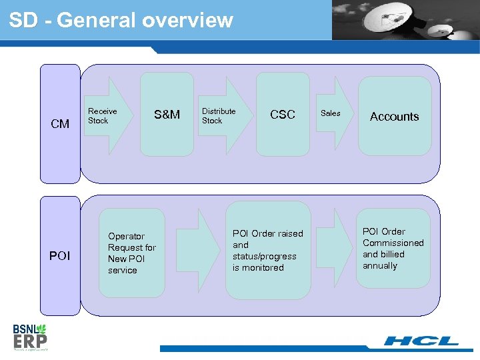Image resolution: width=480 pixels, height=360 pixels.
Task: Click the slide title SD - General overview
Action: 121,21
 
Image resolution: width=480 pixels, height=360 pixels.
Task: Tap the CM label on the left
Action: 60,123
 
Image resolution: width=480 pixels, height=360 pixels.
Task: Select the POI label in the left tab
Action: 60,255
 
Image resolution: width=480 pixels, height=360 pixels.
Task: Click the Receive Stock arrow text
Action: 102,116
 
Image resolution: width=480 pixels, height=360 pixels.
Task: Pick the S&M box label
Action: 167,115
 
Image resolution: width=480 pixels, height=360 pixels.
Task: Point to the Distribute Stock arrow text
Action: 219,116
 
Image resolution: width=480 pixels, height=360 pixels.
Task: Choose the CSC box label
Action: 282,115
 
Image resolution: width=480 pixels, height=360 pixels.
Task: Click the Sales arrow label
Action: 330,113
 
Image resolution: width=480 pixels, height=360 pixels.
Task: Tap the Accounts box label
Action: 394,116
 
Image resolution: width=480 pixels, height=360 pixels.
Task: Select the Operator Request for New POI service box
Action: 132,253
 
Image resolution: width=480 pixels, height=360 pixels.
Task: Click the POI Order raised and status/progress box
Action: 267,251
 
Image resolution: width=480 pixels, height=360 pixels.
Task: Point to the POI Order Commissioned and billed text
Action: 393,249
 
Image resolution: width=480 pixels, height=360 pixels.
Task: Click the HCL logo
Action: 421,341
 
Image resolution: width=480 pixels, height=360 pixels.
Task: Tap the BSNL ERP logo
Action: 31,336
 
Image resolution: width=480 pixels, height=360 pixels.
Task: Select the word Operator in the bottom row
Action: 126,236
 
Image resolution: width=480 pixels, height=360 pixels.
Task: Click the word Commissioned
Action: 393,243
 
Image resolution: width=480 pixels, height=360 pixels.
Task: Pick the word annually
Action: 380,265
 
